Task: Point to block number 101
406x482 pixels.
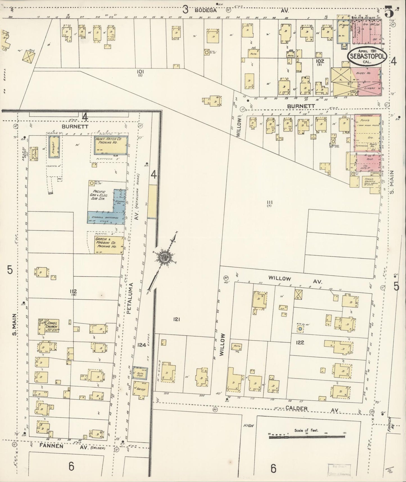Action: [x=140, y=72]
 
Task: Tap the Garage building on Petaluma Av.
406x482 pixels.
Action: [x=140, y=390]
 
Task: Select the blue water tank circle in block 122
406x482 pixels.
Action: [x=300, y=328]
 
